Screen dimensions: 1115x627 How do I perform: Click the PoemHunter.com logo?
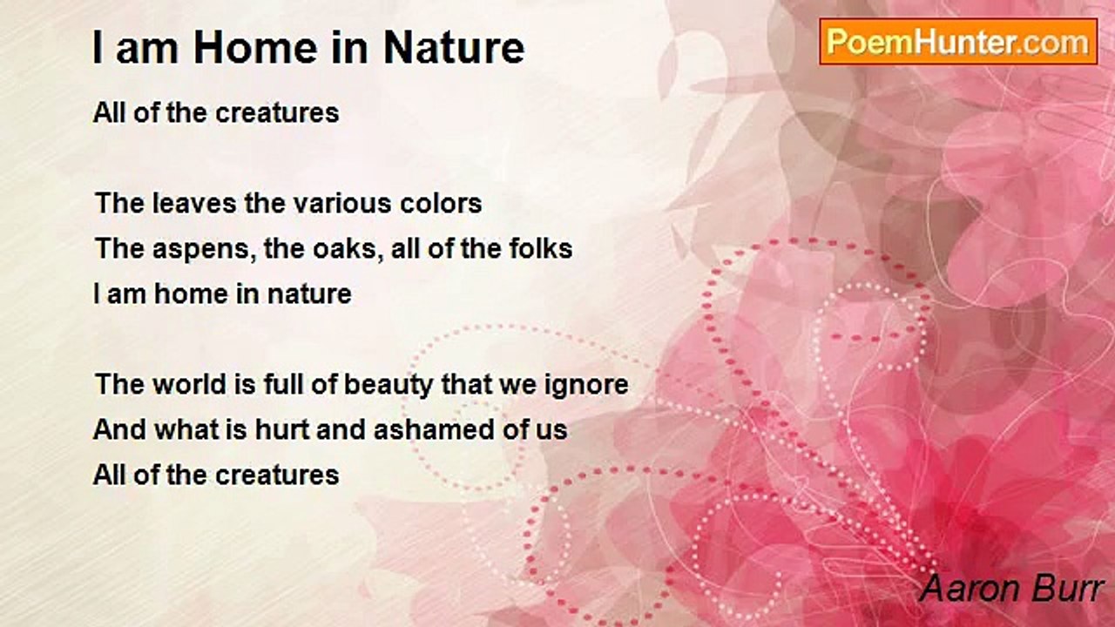958,42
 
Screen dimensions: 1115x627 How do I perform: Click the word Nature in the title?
454,48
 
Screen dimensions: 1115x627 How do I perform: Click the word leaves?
194,204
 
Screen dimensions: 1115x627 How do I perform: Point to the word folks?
541,248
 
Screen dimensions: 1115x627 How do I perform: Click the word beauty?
389,385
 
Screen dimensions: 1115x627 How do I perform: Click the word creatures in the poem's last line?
277,475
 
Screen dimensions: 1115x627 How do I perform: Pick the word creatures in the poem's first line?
277,113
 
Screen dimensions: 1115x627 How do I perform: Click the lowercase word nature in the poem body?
309,294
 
